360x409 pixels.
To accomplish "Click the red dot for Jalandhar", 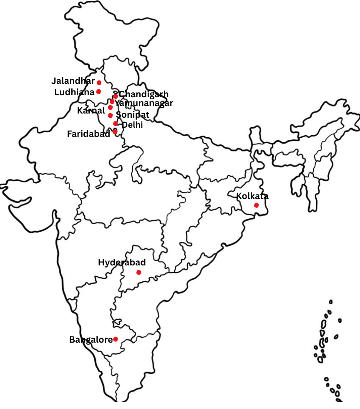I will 99,83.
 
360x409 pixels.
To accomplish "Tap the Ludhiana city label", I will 74,92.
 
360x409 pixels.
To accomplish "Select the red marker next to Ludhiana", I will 98,92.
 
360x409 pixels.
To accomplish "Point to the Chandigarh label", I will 143,94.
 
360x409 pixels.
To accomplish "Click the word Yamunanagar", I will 144,103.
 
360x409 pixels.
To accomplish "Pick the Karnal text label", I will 91,111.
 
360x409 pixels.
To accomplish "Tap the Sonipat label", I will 133,114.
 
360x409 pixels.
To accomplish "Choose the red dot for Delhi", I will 116,124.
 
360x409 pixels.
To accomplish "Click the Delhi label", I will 132,124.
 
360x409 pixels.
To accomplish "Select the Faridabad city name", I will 88,134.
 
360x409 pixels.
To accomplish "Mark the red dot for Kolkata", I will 256,205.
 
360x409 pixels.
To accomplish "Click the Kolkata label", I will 252,196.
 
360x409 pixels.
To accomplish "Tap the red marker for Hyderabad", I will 139,273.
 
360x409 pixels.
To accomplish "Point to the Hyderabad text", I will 122,263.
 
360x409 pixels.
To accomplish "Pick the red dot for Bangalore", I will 116,339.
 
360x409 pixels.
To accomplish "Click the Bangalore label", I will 91,340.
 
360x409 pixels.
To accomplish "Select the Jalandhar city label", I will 73,81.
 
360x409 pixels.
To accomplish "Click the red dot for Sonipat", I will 110,115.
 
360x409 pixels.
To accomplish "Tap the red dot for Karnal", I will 110,107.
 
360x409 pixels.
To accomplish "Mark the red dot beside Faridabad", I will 115,131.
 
